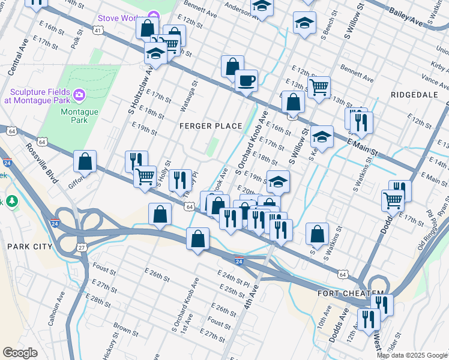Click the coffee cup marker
(246, 80)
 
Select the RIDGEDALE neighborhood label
(411, 95)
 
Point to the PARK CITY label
(30, 247)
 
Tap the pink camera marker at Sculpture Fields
(79, 95)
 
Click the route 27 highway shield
(82, 247)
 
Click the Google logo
(20, 353)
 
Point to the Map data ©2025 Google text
(412, 355)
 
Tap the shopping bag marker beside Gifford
(85, 162)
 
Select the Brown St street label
(126, 329)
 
